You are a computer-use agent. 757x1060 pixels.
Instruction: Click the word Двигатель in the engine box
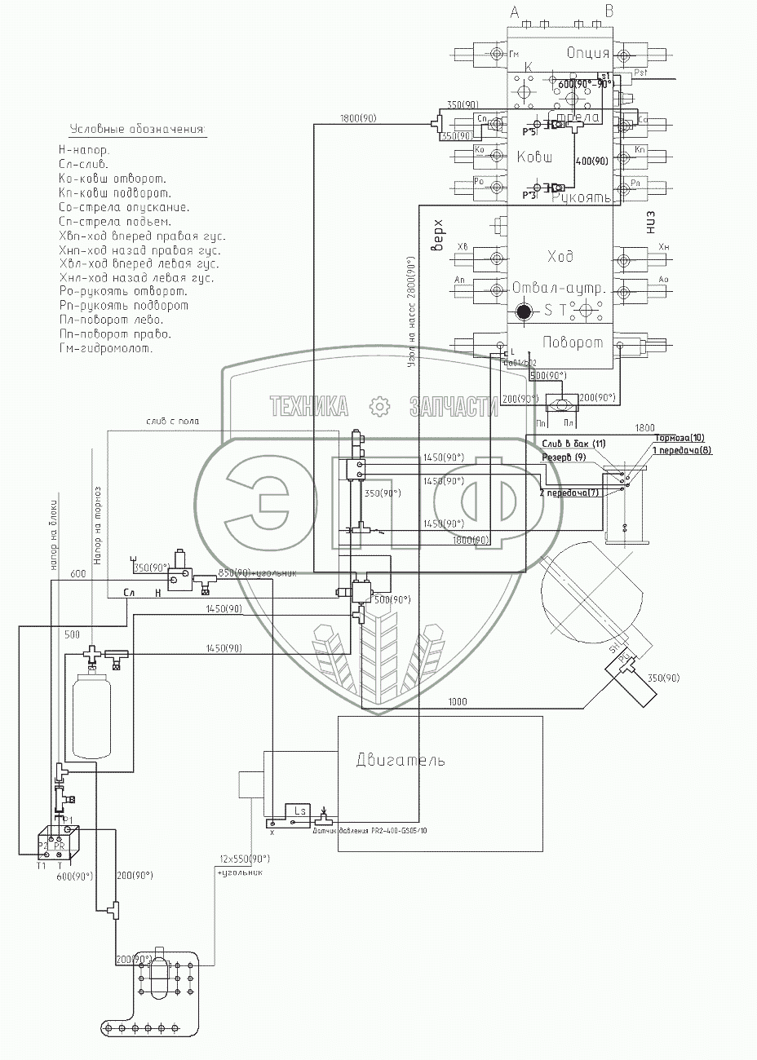coord(401,761)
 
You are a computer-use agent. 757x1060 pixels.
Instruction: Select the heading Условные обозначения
coord(138,130)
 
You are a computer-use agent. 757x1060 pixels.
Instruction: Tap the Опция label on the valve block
coord(588,54)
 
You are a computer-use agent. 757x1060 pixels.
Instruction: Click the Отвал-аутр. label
coord(557,289)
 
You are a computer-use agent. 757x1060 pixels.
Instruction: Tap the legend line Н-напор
coord(84,150)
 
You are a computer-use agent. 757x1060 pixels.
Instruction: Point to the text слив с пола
coord(173,422)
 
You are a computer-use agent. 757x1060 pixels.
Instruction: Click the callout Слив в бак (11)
coord(575,443)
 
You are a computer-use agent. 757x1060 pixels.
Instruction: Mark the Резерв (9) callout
coord(564,457)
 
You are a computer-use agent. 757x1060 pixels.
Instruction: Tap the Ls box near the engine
coord(299,811)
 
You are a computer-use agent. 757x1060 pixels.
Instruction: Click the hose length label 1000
coord(458,701)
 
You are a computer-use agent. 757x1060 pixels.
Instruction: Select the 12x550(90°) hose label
coord(244,859)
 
